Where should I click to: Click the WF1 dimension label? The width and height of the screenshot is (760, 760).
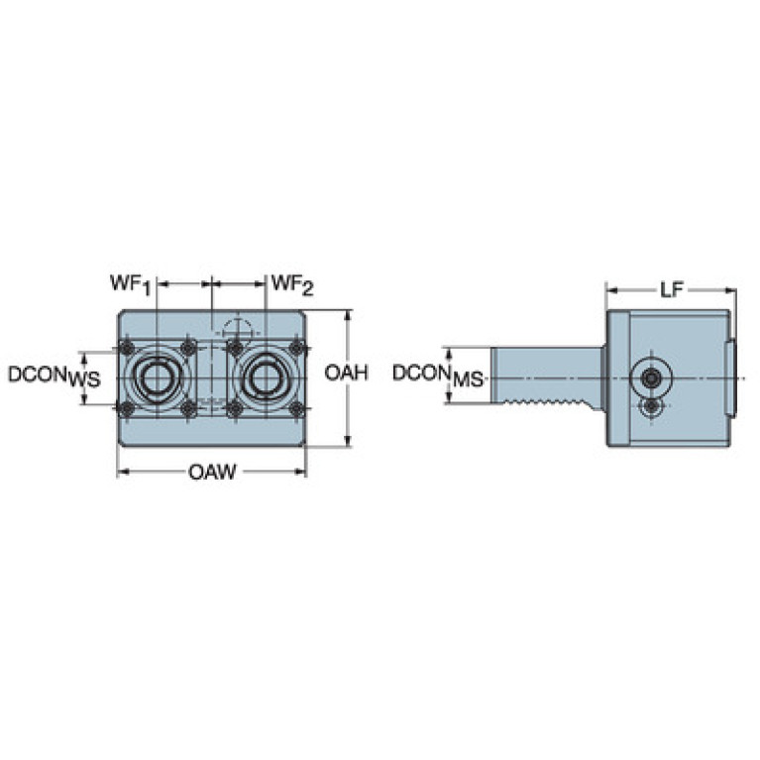131,284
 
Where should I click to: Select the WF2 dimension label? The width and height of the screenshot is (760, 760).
292,284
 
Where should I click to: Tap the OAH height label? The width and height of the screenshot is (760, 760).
346,374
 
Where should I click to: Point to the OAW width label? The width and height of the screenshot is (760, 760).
212,472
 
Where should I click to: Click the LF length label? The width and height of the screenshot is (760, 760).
671,290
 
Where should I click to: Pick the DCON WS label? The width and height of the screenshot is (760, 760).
54,377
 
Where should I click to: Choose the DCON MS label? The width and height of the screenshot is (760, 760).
438,376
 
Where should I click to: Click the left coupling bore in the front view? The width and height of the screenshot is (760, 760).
157,378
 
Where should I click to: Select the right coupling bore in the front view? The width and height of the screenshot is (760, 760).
266,378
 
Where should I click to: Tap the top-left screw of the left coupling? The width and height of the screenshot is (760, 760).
128,348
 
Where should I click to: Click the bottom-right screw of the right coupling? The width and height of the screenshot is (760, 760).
296,408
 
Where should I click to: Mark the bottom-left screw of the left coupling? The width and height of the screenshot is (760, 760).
127,409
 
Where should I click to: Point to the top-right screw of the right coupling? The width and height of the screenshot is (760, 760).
296,348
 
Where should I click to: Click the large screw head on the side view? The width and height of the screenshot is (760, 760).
651,378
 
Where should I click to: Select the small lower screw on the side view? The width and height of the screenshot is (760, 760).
652,406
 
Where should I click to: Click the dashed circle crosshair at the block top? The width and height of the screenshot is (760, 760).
238,330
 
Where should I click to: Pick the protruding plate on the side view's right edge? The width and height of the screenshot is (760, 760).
730,379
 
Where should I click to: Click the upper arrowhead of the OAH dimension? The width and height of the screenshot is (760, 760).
348,315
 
